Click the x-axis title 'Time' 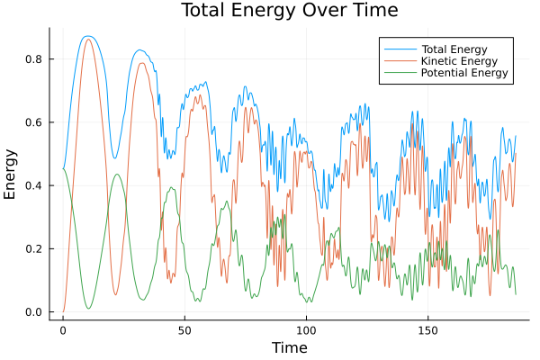tap(289, 347)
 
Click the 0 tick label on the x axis tap(63, 329)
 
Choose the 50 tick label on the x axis tap(184, 329)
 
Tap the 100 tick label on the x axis tap(306, 329)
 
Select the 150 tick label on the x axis tap(427, 329)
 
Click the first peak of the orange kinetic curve tap(87, 40)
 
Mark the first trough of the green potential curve tap(88, 309)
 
